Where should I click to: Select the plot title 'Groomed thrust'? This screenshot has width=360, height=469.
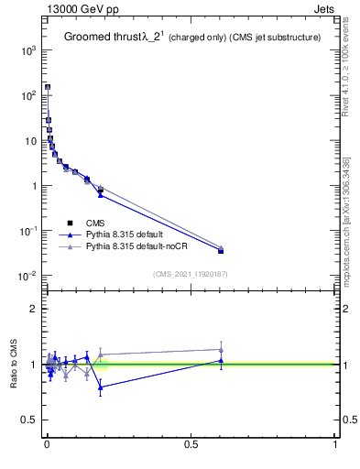coord(103,38)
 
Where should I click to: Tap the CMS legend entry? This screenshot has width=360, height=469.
coord(95,223)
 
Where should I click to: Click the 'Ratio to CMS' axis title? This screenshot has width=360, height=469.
coord(14,365)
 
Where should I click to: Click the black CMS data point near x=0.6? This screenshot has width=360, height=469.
coord(221,250)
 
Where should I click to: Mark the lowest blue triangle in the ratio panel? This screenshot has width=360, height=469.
coord(101,387)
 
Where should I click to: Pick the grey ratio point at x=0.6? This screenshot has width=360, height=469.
coord(221,350)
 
